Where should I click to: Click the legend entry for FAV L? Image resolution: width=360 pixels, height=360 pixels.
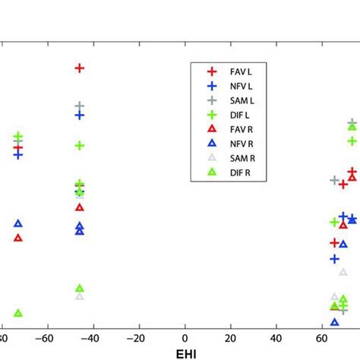[x=238, y=71]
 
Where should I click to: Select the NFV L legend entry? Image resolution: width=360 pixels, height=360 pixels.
[x=238, y=86]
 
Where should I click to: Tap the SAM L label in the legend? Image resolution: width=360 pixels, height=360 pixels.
[x=238, y=100]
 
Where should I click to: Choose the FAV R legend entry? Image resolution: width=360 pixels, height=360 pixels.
[x=238, y=129]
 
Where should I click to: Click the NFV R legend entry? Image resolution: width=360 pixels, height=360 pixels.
[x=238, y=144]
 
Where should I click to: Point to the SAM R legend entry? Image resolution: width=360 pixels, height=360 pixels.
[x=238, y=158]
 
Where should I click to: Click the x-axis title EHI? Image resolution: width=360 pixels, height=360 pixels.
[x=185, y=354]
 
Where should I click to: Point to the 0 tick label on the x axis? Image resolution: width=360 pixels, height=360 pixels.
[x=185, y=338]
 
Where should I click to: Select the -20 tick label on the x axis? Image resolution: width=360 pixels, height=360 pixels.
[x=137, y=338]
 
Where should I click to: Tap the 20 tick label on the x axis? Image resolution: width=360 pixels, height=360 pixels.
[x=232, y=338]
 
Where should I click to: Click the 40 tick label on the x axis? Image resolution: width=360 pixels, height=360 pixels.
[x=278, y=338]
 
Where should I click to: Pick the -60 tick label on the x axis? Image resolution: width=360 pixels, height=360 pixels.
[x=45, y=338]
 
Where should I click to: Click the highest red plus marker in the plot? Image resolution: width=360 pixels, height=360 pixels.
[x=80, y=68]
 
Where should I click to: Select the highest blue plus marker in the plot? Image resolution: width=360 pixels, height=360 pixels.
[x=80, y=115]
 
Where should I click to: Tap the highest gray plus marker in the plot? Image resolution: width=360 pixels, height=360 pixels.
[x=80, y=106]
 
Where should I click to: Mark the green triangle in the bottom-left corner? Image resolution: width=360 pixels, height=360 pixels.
[x=18, y=313]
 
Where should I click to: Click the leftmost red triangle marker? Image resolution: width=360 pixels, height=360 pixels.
[x=18, y=238]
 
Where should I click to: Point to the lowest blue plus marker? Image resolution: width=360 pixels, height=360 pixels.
[x=335, y=259]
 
